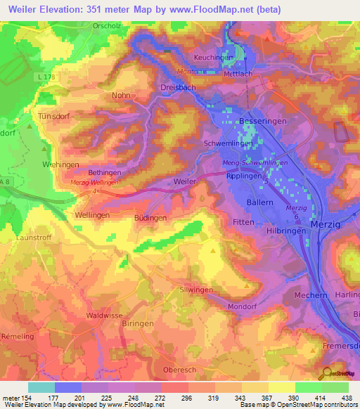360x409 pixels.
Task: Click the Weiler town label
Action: coord(184,181)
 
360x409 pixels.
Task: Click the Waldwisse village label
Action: coord(105,316)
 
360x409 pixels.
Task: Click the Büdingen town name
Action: coord(150,219)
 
